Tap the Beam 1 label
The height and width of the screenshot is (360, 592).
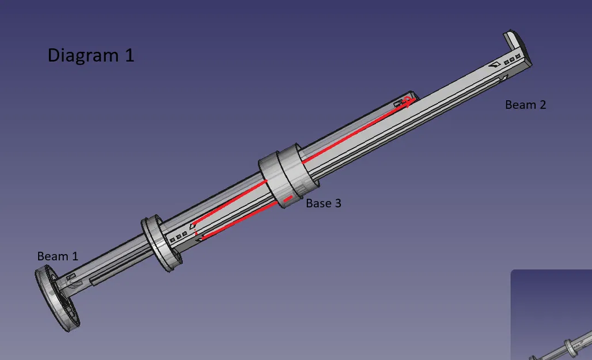58,256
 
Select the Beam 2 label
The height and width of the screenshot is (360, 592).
525,105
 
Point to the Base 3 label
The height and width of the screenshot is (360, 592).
323,203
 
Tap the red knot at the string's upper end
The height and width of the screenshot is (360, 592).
408,101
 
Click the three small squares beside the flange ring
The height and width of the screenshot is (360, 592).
178,236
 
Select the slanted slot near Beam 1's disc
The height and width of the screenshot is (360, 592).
71,278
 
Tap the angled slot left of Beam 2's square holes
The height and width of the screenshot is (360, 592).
494,66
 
